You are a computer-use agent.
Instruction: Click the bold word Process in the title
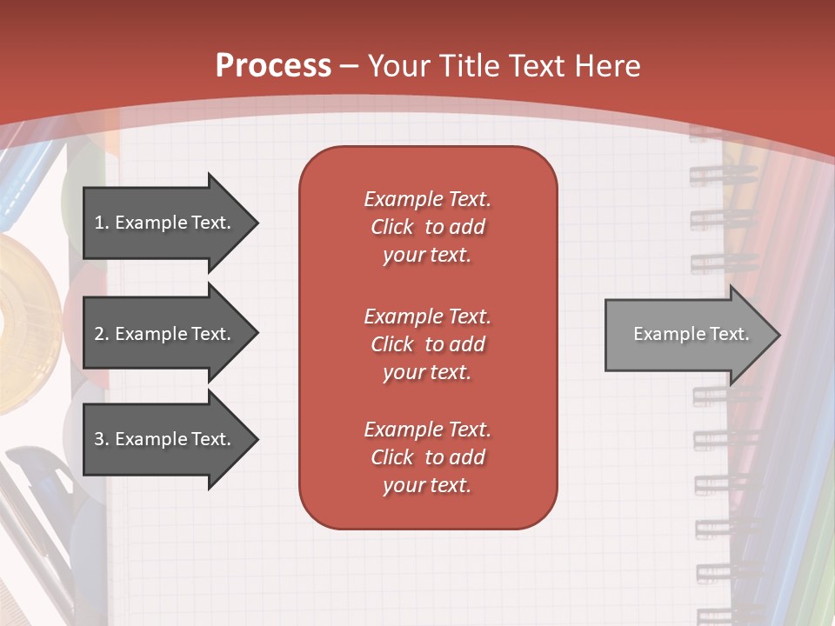point(273,65)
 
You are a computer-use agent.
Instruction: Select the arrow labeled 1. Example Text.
point(165,223)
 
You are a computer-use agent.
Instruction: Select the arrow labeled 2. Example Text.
point(165,334)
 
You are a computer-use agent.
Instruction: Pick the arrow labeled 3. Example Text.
point(165,439)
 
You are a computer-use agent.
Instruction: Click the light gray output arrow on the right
point(687,335)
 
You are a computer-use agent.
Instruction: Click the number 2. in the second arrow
point(101,334)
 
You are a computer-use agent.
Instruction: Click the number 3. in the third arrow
point(101,439)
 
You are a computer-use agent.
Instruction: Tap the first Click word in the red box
point(392,227)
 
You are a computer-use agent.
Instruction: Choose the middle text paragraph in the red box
point(427,344)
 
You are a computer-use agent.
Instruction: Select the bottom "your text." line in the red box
point(427,485)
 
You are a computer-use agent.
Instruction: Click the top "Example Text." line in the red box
point(427,199)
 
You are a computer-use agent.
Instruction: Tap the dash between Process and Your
point(350,66)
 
